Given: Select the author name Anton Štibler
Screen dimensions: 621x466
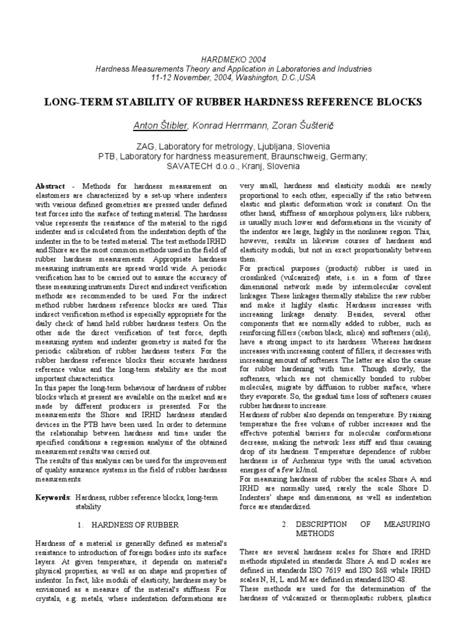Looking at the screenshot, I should click(161, 125).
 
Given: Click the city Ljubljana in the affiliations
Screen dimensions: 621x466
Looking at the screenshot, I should click(258, 147).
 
